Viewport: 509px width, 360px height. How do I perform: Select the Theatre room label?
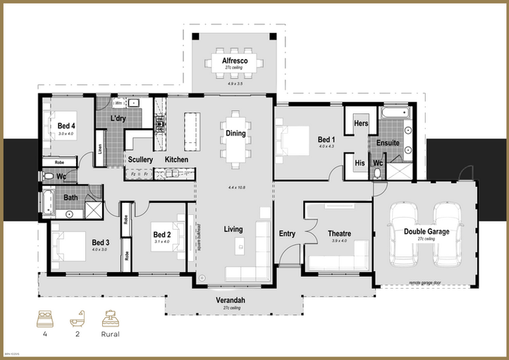coord(339,233)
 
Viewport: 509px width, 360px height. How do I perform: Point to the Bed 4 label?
coord(66,125)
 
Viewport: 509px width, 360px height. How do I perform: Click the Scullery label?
coord(140,160)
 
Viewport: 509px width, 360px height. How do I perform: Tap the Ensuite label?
coord(388,143)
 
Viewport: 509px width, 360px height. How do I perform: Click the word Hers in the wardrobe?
coord(360,123)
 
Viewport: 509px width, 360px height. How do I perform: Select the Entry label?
coord(287,233)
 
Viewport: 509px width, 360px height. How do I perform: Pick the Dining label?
coord(235,133)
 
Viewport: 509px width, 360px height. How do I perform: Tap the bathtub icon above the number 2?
coord(76,321)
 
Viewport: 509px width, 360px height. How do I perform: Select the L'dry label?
coord(118,118)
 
